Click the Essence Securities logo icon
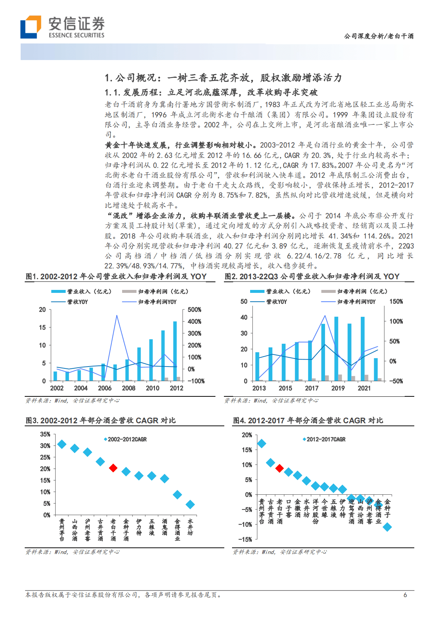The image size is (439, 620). point(31,27)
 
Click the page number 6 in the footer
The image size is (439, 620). point(405,595)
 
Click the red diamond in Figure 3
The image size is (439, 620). point(113,468)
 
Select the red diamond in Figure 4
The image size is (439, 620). point(279,468)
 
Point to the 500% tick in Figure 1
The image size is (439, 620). point(194,310)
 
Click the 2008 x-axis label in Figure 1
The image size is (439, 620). point(128,388)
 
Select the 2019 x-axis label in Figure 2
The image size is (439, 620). point(338,388)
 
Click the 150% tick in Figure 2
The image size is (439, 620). point(396,301)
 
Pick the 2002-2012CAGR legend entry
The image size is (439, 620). point(125,439)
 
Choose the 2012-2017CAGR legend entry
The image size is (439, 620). point(324,439)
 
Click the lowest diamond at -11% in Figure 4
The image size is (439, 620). point(387,527)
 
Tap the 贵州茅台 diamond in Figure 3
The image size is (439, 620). point(62,444)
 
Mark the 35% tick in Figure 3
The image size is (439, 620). point(45,434)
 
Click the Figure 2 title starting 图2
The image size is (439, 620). point(312,276)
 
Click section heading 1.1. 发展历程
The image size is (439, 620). point(211,92)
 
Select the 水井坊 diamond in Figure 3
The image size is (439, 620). point(190,504)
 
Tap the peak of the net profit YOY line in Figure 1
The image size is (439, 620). point(117,315)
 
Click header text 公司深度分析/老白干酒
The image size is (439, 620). point(378,36)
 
